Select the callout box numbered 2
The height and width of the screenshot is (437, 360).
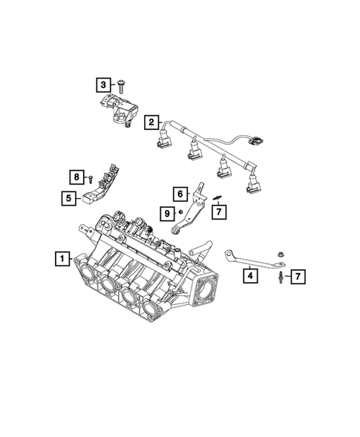coord(151,122)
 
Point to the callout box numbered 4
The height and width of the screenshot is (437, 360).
coord(250,275)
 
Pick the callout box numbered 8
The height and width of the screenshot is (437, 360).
coord(76,177)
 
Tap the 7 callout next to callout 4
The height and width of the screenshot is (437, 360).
coord(297,277)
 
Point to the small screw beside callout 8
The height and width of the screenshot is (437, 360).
coord(90,179)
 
